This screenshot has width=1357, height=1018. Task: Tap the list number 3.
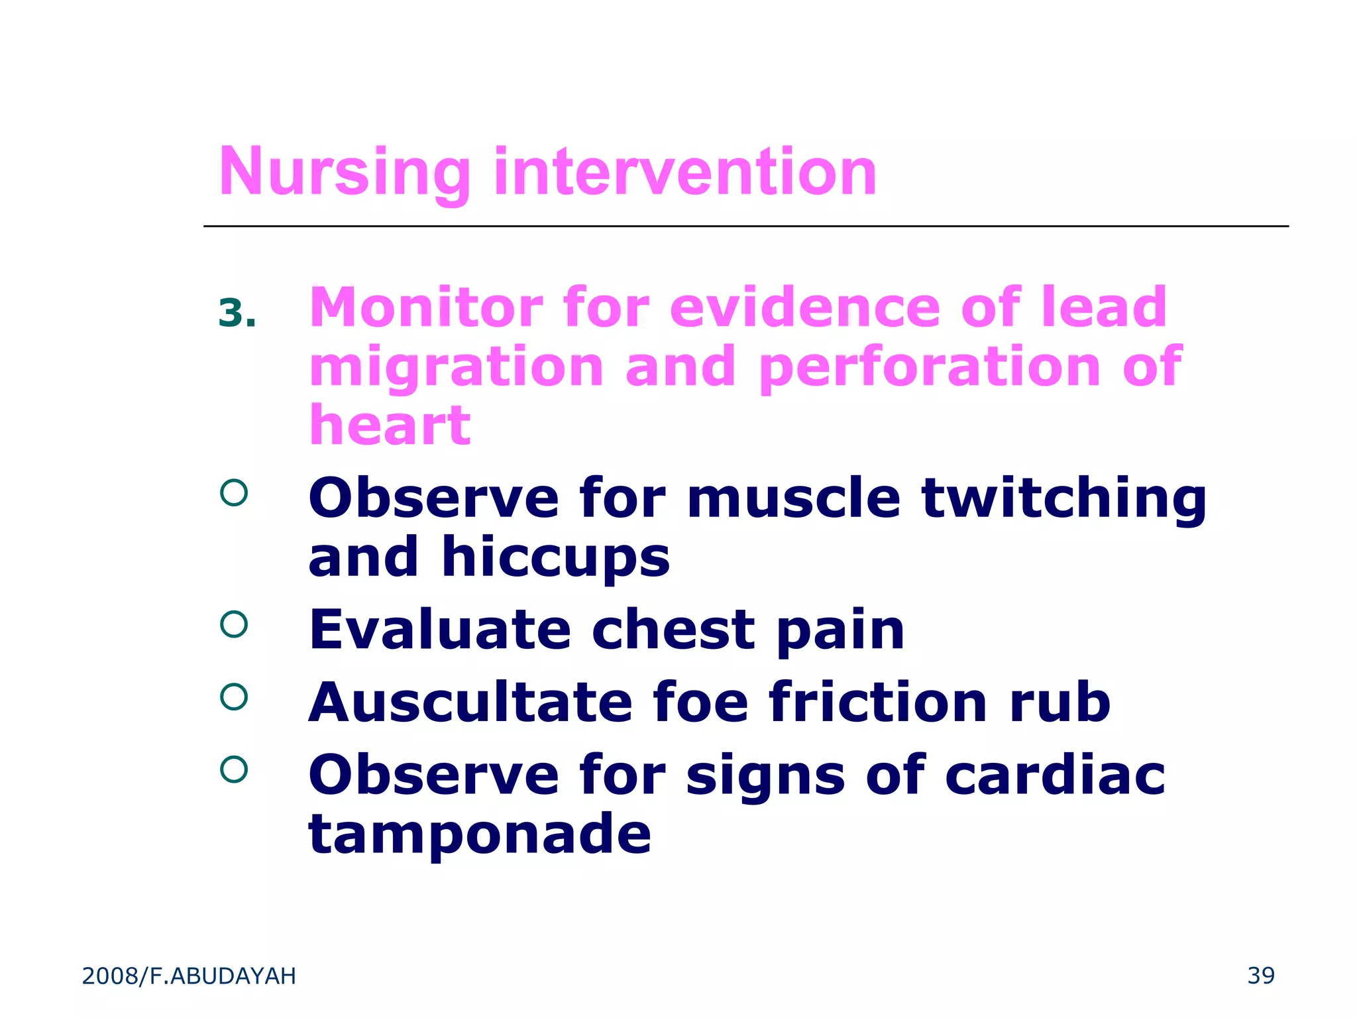click(x=237, y=313)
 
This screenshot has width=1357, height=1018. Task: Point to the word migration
click(x=457, y=368)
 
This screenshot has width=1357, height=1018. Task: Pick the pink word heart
click(x=390, y=425)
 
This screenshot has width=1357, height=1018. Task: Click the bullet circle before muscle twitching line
click(x=234, y=492)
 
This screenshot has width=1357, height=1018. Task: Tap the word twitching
click(x=1063, y=498)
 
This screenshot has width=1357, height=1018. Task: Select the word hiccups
click(x=555, y=558)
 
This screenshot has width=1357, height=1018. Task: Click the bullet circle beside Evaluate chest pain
click(x=234, y=624)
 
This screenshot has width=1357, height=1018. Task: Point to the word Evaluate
click(x=439, y=630)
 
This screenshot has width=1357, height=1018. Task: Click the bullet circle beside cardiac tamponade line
click(x=234, y=769)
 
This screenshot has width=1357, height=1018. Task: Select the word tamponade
click(x=480, y=834)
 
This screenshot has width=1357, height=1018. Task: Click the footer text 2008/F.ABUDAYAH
click(x=189, y=976)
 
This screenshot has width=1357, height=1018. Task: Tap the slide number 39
click(x=1260, y=976)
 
